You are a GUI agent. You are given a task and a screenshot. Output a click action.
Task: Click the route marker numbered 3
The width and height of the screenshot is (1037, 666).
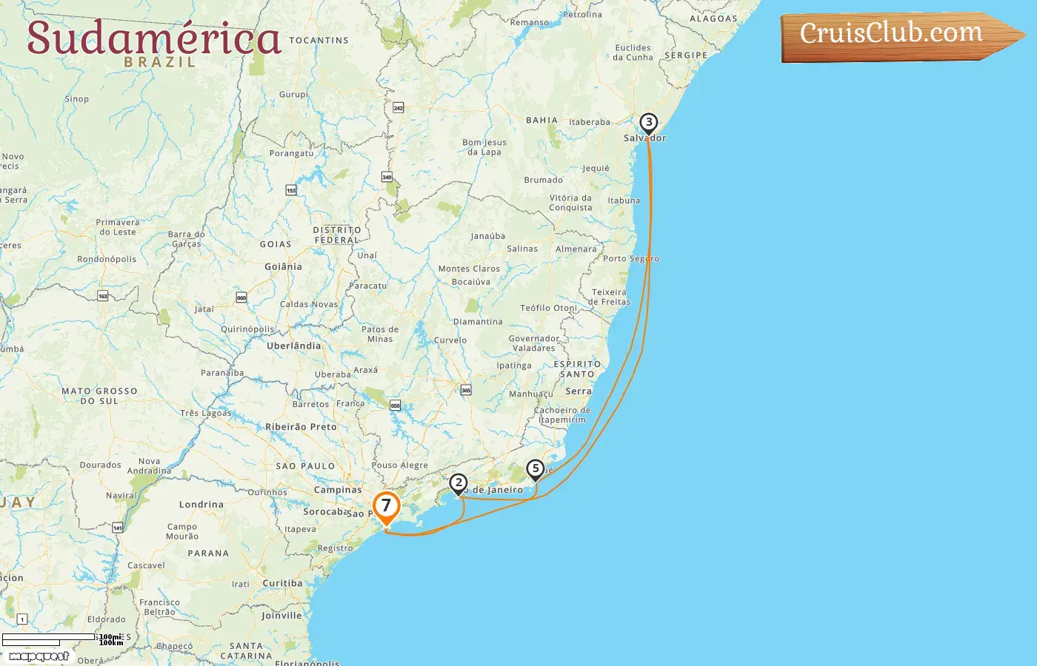point(648,123)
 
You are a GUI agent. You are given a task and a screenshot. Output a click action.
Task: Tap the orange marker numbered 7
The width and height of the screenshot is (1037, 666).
point(386,507)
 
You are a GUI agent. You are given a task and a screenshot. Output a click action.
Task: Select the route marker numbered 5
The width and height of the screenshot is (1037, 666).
point(535,469)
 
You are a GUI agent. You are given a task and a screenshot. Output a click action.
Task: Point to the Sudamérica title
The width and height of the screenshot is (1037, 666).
point(154,38)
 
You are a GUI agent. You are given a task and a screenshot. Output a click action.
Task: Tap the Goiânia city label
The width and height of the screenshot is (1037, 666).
point(284,266)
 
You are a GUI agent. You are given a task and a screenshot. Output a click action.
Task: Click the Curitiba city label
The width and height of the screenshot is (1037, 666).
point(282,583)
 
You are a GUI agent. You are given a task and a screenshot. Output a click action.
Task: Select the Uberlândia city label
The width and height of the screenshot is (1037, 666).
point(294,346)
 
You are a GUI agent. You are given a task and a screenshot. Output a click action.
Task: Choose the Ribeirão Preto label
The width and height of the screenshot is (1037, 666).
point(301,427)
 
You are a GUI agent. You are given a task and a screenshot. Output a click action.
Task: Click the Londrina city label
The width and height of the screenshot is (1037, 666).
point(201,505)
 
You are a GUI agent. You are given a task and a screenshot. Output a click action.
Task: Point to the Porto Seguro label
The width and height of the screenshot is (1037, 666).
point(630,259)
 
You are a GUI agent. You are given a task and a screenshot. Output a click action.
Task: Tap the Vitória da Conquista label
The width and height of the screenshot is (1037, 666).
point(570,203)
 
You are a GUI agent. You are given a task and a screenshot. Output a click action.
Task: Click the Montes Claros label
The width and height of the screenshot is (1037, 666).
point(469,269)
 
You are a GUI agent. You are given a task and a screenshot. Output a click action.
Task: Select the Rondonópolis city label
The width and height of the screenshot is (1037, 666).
point(107,260)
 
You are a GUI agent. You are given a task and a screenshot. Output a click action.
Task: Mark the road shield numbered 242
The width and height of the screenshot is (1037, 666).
point(398,108)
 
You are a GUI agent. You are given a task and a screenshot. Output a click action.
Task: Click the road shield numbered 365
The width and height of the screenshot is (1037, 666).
point(466,390)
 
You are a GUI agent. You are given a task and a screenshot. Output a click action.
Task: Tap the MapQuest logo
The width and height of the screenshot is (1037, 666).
point(39,656)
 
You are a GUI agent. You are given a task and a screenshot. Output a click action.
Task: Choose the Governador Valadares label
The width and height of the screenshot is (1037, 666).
point(534,343)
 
